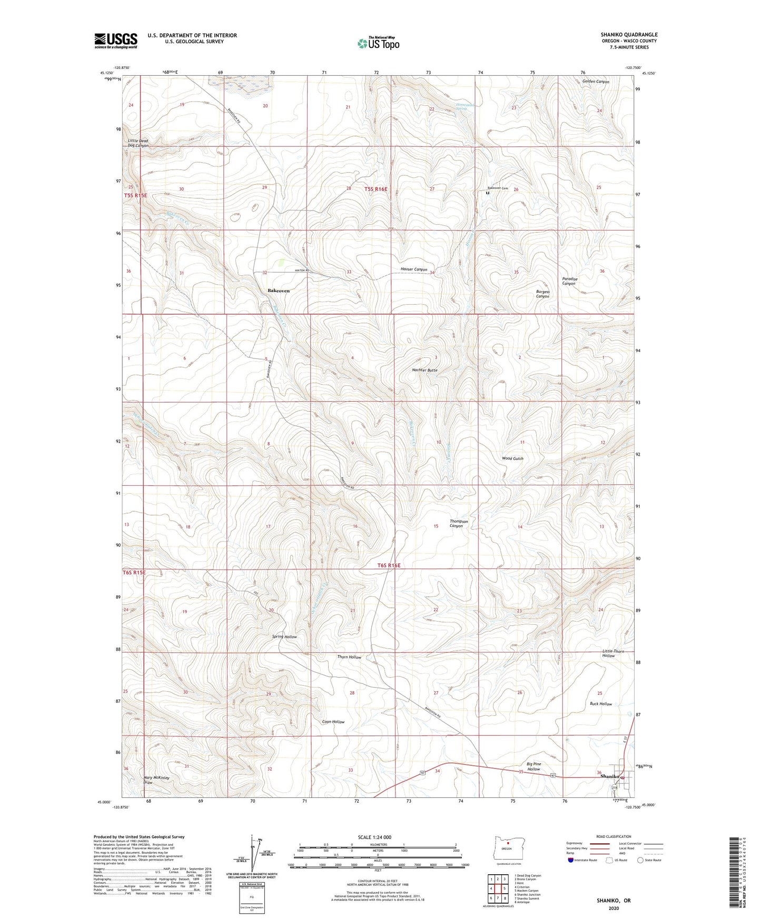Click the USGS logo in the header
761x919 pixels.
pyautogui.click(x=115, y=41)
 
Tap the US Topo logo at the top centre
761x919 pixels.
pyautogui.click(x=378, y=43)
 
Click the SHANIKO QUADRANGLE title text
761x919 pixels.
pyautogui.click(x=629, y=35)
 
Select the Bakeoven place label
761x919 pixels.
pyautogui.click(x=279, y=291)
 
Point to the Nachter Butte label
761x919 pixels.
pyautogui.click(x=424, y=370)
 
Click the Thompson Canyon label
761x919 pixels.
pyautogui.click(x=458, y=523)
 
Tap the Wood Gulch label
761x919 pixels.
pyautogui.click(x=512, y=458)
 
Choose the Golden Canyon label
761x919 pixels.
pyautogui.click(x=595, y=82)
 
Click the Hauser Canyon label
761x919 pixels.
pyautogui.click(x=414, y=269)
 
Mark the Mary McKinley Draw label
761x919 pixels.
pyautogui.click(x=156, y=780)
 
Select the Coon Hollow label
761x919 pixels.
pyautogui.click(x=333, y=722)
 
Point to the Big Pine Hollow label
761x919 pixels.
pyautogui.click(x=533, y=766)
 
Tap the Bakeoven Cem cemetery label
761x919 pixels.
pyautogui.click(x=497, y=188)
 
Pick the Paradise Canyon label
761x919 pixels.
pyautogui.click(x=569, y=281)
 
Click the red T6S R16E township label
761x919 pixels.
pyautogui.click(x=389, y=565)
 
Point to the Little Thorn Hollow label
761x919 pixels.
pyautogui.click(x=612, y=653)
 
